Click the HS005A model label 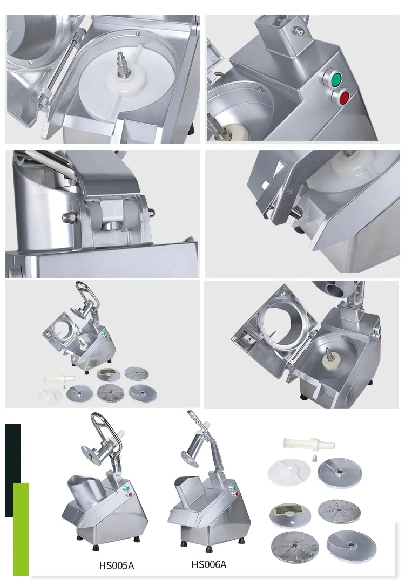(116, 565)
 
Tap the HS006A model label (208, 564)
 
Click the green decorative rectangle (21, 529)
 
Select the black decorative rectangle (12, 470)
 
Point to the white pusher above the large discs (309, 444)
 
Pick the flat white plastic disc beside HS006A (289, 472)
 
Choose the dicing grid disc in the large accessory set (290, 514)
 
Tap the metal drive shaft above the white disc (124, 67)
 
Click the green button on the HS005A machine (127, 488)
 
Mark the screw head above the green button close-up (298, 29)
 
